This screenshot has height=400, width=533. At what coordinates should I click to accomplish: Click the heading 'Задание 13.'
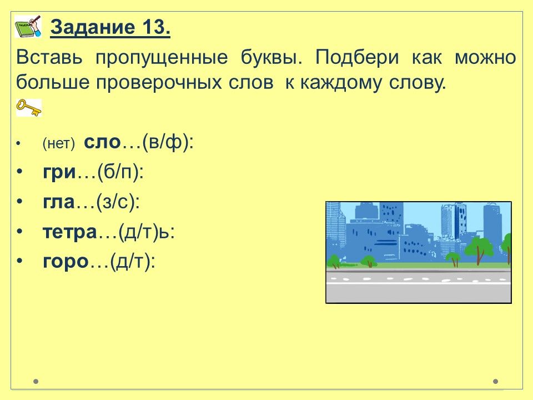[x=110, y=27]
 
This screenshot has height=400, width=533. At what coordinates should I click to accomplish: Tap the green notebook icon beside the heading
[x=28, y=26]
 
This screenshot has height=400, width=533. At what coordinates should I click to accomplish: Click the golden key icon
[x=28, y=107]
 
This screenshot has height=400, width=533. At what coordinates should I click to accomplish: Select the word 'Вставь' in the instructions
[x=49, y=57]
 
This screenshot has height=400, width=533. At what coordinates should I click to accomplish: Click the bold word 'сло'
[x=102, y=142]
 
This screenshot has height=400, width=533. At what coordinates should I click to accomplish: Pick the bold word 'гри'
[x=59, y=172]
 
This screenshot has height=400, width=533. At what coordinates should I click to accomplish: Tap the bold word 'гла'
[x=58, y=202]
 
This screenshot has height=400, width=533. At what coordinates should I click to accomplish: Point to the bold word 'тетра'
[x=70, y=232]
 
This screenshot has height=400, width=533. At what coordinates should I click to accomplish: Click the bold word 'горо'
[x=66, y=262]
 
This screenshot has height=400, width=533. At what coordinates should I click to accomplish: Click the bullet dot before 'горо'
[x=20, y=261]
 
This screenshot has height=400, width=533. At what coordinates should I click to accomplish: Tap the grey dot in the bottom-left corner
[x=36, y=381]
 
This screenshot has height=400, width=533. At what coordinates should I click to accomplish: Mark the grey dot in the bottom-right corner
[x=496, y=381]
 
